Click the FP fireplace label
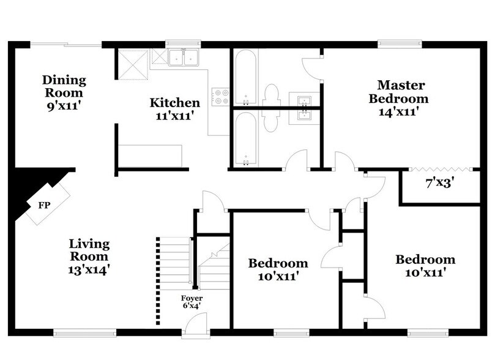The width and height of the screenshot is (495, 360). point(43,205)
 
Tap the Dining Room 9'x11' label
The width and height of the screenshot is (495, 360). point(64,92)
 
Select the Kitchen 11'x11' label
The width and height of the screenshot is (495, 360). point(175,108)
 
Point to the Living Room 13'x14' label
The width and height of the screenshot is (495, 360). point(89,256)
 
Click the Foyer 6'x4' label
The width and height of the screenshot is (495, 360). point(191,302)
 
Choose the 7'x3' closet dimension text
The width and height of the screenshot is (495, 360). point(439,182)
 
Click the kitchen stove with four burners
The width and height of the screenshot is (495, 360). point(220,96)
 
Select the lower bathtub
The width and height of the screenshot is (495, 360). point(245,138)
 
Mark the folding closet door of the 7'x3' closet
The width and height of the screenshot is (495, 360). point(439,168)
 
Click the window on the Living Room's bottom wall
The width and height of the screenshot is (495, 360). point(84,332)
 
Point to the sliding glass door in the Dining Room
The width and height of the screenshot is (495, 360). point(65,44)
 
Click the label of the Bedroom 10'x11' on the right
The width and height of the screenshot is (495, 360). point(425,265)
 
